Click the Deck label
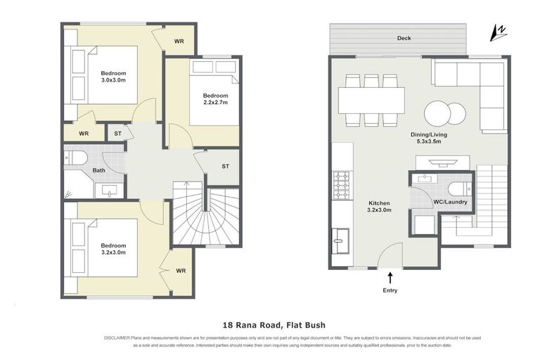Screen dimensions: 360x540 coord(403,39)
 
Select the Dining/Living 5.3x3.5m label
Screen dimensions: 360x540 coord(428,138)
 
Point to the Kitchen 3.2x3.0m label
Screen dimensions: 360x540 coord(379,205)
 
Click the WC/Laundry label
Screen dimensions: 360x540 coord(451,202)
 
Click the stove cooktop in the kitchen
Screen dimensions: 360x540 coord(341,185)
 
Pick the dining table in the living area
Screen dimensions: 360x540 coord(371,100)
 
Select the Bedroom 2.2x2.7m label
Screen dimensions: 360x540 coord(215,99)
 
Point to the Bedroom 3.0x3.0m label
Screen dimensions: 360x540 coord(112,77)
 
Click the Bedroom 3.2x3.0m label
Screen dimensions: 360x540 coord(112,250)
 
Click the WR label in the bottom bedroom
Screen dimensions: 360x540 coord(181,271)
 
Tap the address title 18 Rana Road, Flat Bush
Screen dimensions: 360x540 coord(270,325)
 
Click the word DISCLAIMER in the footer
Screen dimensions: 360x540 coord(118,338)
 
